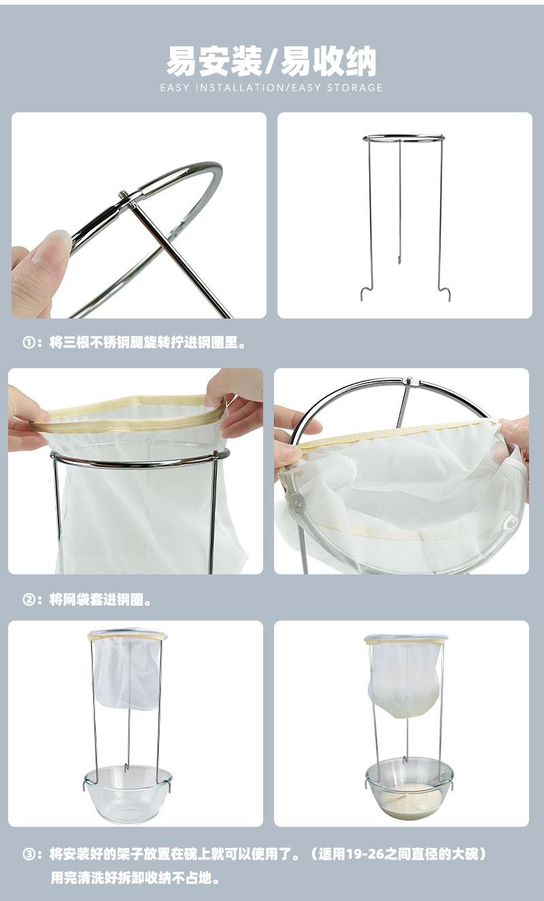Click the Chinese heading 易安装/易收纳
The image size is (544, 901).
tap(271, 61)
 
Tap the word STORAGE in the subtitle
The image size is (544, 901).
tap(354, 88)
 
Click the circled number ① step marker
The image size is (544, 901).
tap(29, 343)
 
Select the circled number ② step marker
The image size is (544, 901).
tap(29, 600)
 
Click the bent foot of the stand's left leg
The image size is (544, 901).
tap(367, 293)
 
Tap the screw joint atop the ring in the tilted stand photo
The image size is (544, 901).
tap(409, 380)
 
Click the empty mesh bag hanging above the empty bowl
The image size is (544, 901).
tap(127, 672)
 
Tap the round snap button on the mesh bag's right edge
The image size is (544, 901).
tap(511, 522)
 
